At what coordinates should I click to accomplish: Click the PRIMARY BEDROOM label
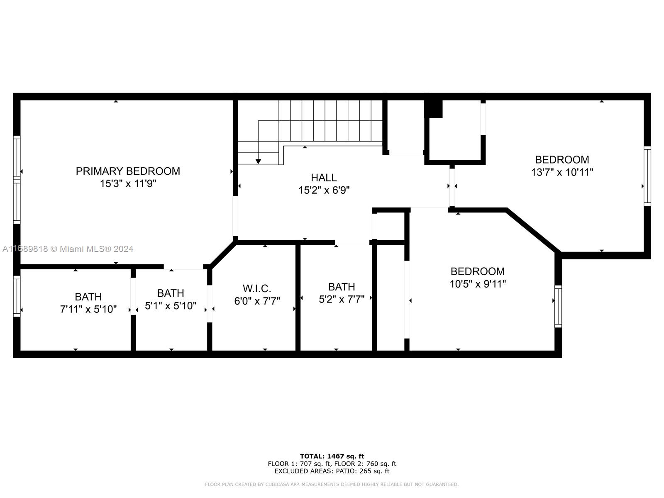[128, 171]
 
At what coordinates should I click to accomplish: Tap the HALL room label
[324, 178]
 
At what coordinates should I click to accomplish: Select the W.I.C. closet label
[257, 288]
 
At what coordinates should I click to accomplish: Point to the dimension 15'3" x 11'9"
[128, 183]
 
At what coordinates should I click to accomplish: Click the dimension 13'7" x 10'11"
[562, 172]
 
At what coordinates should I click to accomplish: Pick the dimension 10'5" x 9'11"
[478, 284]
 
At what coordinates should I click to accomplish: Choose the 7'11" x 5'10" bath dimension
[88, 309]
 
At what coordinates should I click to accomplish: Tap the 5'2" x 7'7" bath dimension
[342, 299]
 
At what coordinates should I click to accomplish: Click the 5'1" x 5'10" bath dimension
[171, 306]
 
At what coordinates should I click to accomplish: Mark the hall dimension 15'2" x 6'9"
[324, 190]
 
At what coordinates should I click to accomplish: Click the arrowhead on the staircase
[258, 161]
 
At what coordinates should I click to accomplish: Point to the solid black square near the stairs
[434, 109]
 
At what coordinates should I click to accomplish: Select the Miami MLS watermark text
[68, 249]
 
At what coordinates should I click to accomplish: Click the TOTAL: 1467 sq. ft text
[332, 456]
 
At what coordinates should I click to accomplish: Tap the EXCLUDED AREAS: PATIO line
[332, 471]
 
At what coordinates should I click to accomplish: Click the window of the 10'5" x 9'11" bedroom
[558, 306]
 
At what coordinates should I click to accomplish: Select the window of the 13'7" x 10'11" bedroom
[647, 176]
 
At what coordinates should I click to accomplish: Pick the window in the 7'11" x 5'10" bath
[17, 296]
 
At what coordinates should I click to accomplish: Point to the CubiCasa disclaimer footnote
[332, 484]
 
